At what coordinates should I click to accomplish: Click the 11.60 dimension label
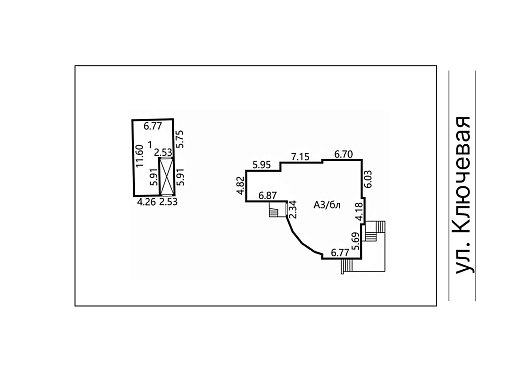tap(140, 155)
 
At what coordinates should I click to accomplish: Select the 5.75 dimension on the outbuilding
tap(180, 139)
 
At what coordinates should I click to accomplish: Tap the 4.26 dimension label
tap(147, 202)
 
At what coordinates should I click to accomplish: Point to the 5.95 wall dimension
tap(262, 165)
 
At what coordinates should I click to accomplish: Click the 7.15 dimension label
tap(300, 156)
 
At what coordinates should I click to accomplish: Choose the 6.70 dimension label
tap(344, 154)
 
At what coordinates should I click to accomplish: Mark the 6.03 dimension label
tap(368, 179)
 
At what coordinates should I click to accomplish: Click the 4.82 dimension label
tap(240, 186)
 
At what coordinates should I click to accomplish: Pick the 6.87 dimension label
tap(268, 195)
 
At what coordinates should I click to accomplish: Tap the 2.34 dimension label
tap(292, 209)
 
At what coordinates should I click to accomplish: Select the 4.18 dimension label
tap(359, 212)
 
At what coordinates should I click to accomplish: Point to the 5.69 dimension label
tap(356, 241)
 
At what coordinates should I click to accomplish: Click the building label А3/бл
tap(327, 205)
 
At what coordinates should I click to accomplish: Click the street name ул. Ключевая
tap(463, 195)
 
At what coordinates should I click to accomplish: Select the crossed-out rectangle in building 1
tap(167, 176)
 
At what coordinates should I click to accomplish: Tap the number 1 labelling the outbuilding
tap(150, 144)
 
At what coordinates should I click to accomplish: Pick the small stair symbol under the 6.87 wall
tap(274, 212)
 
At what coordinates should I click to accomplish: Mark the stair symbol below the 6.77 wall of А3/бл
tap(347, 266)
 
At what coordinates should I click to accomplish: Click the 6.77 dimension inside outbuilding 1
tap(153, 126)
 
